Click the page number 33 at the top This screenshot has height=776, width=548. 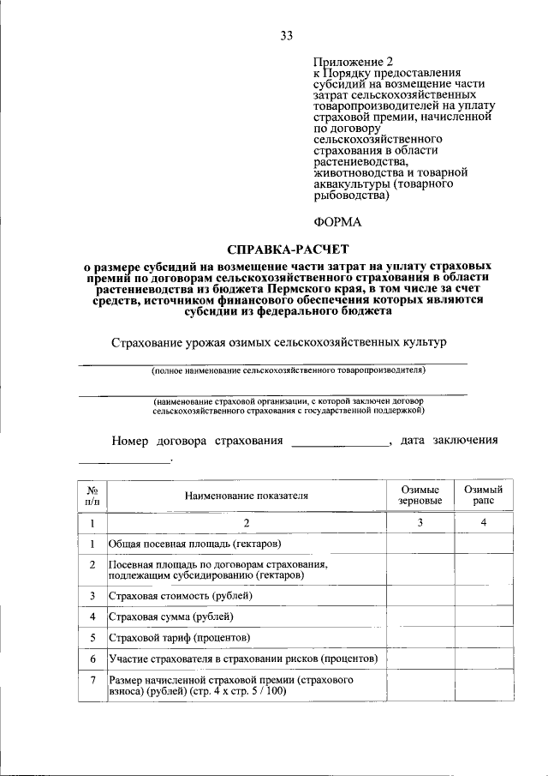286,35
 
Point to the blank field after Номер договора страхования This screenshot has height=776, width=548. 340,442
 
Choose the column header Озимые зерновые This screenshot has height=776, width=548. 420,495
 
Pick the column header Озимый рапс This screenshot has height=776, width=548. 483,495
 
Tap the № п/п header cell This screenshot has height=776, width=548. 92,495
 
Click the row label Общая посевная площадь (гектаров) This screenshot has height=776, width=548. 194,544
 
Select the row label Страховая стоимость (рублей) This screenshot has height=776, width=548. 181,594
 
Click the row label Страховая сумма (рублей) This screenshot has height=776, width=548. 170,616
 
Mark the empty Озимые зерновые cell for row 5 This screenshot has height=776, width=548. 420,637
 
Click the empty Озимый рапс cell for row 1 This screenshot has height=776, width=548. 483,544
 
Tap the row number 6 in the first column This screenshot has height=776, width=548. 92,659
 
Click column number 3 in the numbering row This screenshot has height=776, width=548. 420,522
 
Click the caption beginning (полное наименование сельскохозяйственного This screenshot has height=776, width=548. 288,370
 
